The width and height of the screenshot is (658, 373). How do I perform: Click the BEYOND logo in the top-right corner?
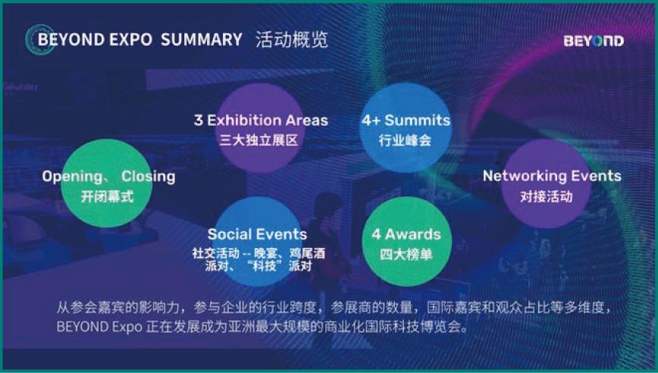point(594,41)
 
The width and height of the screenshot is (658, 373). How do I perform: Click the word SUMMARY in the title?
point(202,39)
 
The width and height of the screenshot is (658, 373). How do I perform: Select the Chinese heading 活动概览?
point(291,39)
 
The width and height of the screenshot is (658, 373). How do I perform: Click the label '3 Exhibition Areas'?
point(261,121)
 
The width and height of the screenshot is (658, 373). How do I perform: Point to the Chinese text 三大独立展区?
point(259,139)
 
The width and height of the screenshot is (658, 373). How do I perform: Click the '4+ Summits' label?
point(406,121)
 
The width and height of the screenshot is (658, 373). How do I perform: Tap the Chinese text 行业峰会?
point(405,139)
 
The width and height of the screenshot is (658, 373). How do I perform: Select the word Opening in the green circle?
point(72,177)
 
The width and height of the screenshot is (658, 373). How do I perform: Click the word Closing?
point(148,176)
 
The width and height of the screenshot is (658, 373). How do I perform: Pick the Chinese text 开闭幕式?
point(108,196)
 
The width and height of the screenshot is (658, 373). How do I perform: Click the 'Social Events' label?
point(257,234)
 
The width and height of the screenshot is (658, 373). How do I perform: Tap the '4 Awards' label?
point(406,234)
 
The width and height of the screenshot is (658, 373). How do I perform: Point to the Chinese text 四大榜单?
point(406,254)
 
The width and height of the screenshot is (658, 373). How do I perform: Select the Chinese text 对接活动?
point(547,196)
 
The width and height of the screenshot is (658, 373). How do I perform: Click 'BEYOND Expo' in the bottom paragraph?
point(99,327)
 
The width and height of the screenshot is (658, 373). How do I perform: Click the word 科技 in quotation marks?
point(265,265)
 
